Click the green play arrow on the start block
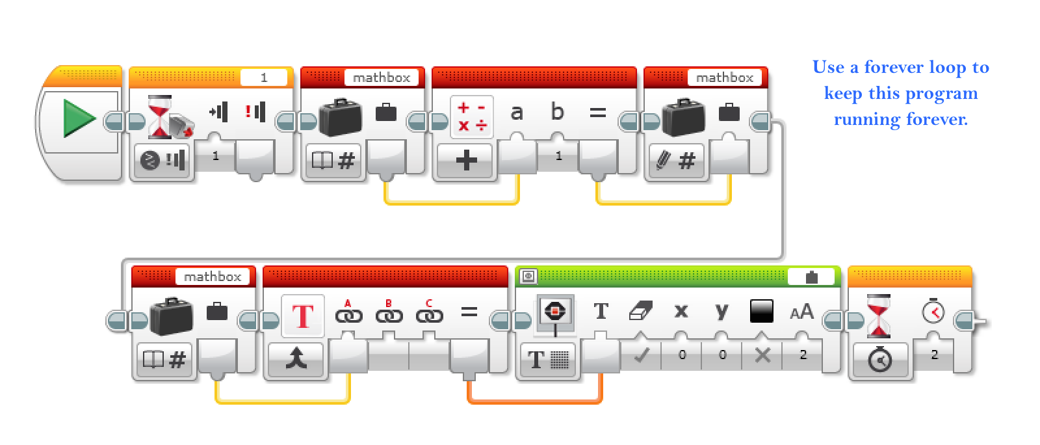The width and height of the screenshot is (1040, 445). [x=79, y=119]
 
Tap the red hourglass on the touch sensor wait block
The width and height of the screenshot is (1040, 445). [x=160, y=117]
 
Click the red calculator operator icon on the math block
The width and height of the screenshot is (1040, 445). [x=472, y=117]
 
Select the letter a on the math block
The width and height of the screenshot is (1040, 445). [x=517, y=113]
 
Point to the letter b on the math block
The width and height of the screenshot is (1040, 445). [x=557, y=112]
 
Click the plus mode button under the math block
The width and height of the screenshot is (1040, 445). [x=467, y=160]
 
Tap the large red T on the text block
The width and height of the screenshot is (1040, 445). [x=303, y=317]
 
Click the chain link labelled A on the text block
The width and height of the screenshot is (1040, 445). [x=348, y=315]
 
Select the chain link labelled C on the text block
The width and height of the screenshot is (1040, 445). [x=429, y=315]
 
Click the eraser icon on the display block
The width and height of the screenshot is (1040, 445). [x=640, y=311]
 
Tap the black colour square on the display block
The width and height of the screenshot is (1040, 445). [x=761, y=311]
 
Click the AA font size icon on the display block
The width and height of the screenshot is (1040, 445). [x=801, y=312]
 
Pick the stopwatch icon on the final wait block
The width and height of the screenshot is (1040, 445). [x=933, y=311]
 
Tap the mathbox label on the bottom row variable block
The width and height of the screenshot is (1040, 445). [x=212, y=276]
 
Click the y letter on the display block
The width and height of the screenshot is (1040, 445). [x=721, y=311]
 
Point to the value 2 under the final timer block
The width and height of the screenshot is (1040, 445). [x=935, y=355]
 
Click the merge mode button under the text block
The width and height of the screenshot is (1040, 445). [x=296, y=358]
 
